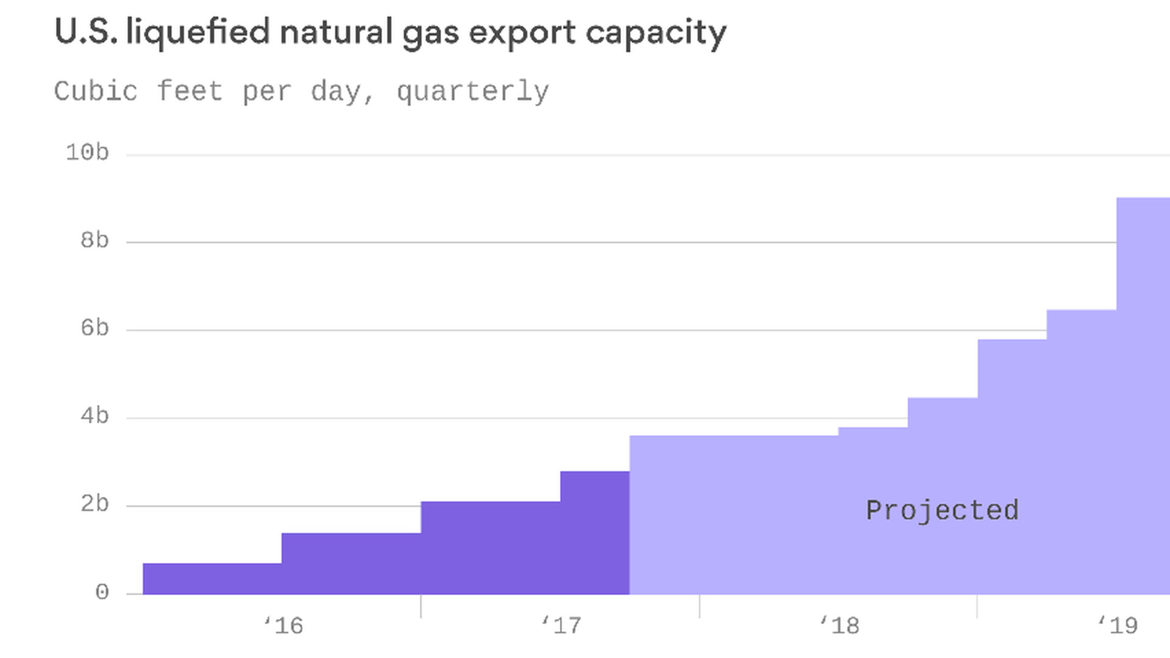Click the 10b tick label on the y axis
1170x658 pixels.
point(87,152)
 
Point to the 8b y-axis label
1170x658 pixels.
point(94,240)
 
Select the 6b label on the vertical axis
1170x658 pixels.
point(94,328)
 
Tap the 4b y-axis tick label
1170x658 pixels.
point(94,416)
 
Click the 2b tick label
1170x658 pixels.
point(94,504)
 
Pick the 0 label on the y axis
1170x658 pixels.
point(102,592)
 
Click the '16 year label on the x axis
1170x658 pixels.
point(283,625)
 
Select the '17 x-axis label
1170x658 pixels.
point(562,625)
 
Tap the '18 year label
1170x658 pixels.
point(840,625)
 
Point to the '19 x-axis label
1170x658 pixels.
point(1118,625)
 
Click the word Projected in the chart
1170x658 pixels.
point(942,511)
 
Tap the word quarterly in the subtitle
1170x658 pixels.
point(473,92)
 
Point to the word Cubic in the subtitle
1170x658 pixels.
point(96,91)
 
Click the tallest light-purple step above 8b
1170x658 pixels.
point(1143,396)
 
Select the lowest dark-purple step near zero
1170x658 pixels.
point(212,579)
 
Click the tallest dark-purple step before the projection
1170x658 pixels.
point(595,532)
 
